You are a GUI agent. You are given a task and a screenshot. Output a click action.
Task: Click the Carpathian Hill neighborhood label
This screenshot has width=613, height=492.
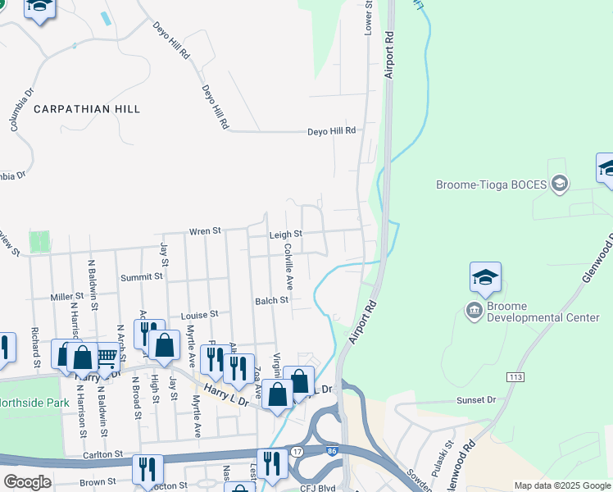point(87,108)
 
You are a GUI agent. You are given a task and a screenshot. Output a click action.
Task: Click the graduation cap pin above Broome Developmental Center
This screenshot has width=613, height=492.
point(485,279)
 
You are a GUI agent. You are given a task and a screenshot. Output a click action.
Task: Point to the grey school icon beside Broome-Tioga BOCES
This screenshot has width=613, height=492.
point(561,182)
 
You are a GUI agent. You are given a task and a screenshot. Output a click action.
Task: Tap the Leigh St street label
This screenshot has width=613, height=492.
point(286,234)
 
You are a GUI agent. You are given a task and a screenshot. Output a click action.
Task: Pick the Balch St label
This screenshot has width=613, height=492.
point(271,300)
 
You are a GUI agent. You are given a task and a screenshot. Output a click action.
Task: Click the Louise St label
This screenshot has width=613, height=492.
point(200,314)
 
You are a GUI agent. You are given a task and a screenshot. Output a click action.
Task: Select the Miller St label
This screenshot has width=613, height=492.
point(67,296)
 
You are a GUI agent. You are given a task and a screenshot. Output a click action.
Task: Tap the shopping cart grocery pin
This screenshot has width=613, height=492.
point(107,356)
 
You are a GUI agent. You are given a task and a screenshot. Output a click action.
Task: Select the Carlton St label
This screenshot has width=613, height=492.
point(102,453)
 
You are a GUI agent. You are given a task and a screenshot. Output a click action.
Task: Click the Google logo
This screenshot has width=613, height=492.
point(27,482)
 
